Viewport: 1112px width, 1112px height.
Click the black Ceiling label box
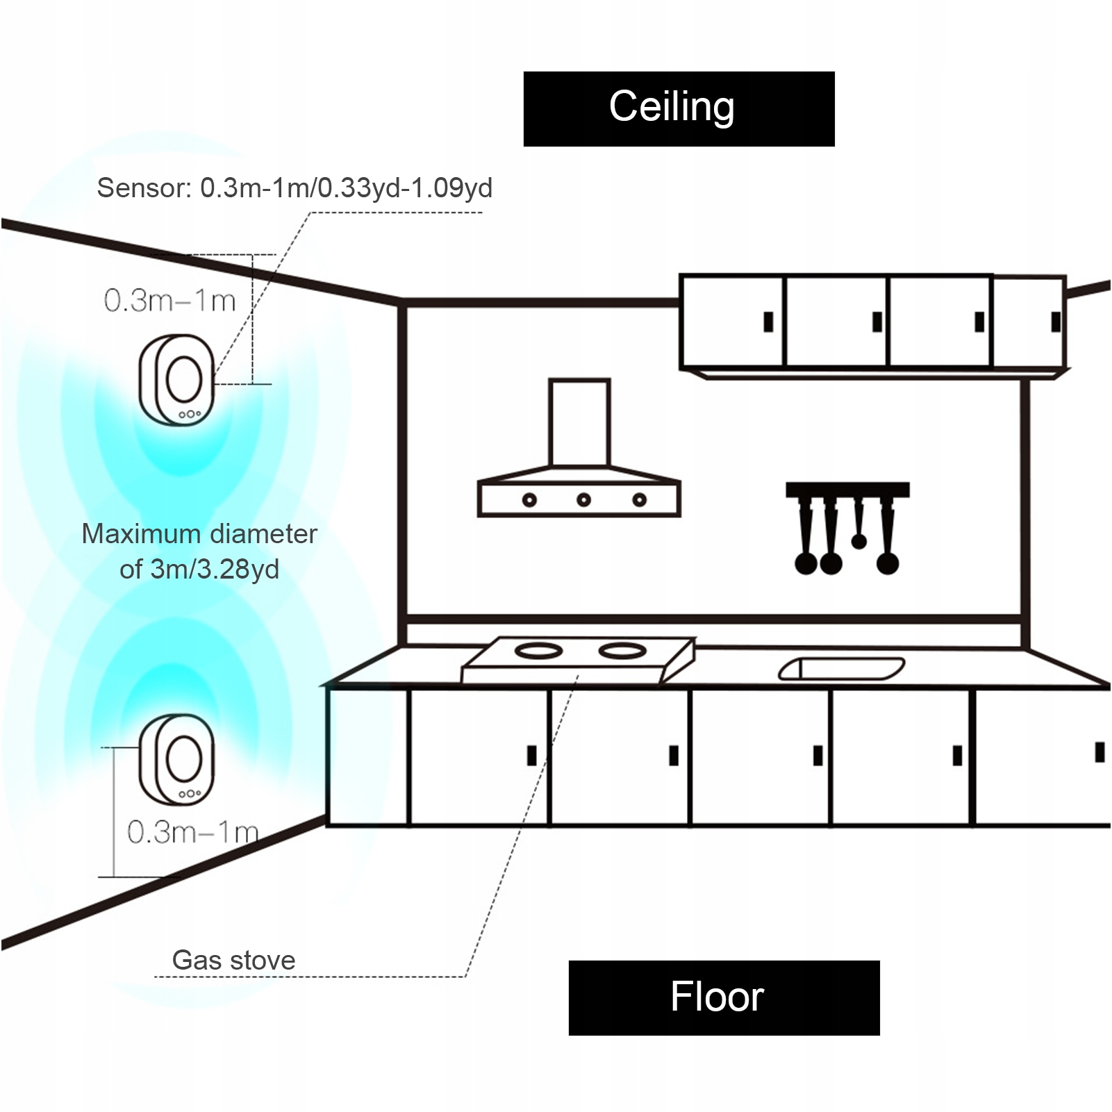click(679, 108)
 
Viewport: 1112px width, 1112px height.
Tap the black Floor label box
click(724, 997)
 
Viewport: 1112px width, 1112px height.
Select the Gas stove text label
click(233, 960)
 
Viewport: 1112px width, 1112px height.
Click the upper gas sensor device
click(177, 379)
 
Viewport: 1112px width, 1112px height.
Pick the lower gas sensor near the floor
click(177, 759)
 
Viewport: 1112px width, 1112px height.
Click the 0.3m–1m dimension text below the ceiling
click(170, 301)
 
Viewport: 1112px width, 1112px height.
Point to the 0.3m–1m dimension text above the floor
click(192, 831)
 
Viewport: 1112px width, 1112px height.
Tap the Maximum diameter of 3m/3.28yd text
click(199, 551)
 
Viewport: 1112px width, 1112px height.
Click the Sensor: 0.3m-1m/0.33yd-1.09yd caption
click(294, 188)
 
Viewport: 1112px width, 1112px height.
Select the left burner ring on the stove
click(538, 652)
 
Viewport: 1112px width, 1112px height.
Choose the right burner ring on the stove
click(623, 651)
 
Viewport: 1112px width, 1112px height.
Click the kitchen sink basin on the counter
click(841, 668)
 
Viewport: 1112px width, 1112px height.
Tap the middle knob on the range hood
click(583, 499)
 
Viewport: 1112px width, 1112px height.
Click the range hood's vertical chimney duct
click(579, 422)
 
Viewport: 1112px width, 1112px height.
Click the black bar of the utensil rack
click(847, 489)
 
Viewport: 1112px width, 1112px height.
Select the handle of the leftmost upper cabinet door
click(768, 322)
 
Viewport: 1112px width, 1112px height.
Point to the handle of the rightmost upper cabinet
click(1056, 322)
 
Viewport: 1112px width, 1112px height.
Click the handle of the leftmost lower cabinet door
click(532, 755)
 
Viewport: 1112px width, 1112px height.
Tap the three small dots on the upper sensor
click(190, 415)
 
